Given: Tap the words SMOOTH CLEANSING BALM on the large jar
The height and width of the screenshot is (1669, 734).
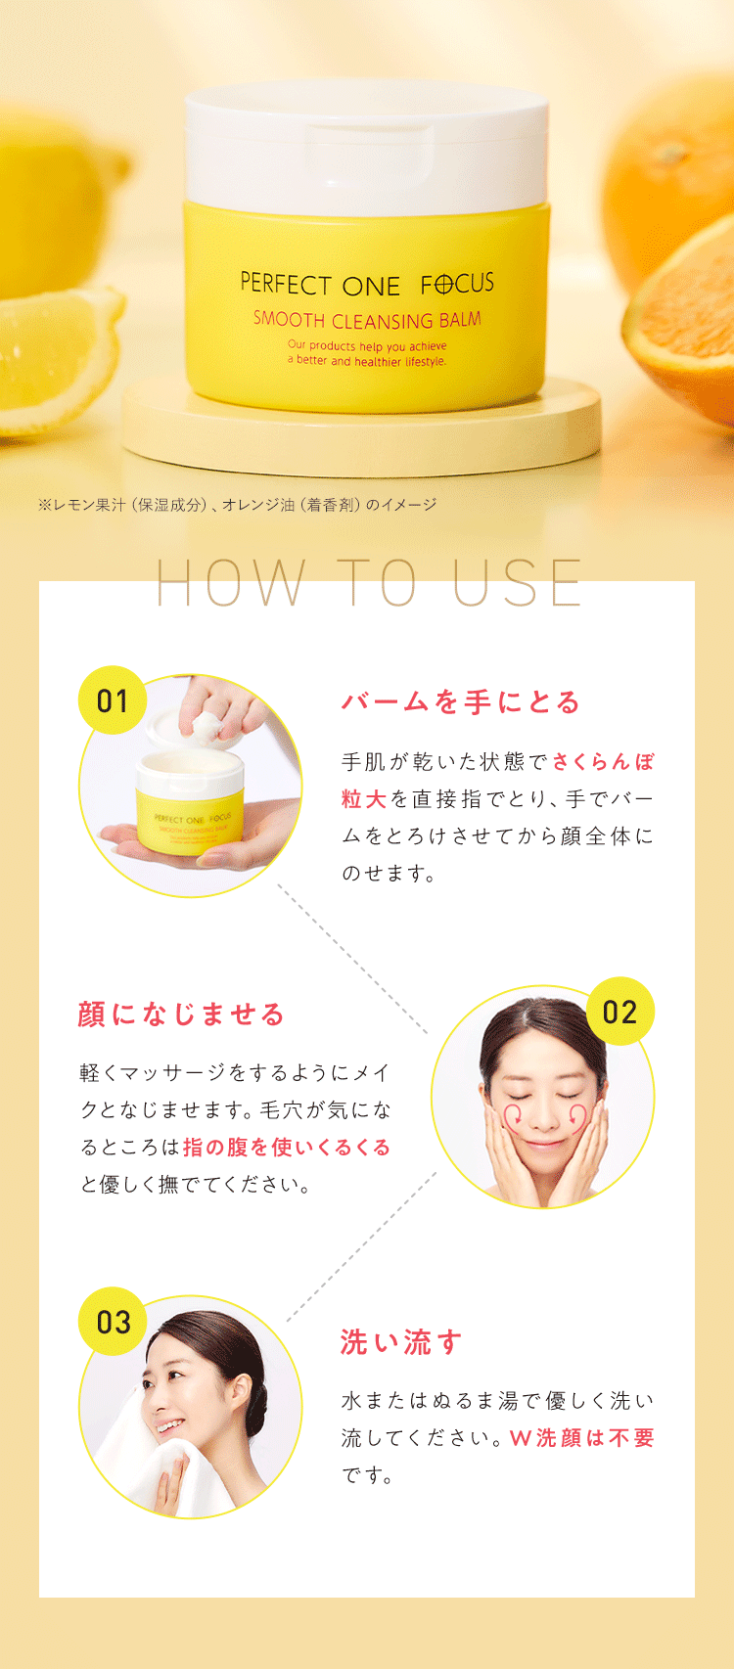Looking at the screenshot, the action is click(367, 320).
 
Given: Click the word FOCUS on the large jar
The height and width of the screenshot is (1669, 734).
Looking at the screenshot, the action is click(457, 284).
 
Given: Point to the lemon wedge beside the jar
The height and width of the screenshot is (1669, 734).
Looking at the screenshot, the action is click(56, 358).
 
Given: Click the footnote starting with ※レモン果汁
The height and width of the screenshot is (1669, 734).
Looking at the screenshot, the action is click(237, 505).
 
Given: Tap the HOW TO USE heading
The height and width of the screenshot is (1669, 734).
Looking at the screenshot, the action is click(368, 583).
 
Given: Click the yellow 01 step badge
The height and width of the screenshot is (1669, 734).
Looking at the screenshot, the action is click(113, 700).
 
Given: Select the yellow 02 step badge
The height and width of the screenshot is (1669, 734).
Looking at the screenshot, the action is click(620, 1012).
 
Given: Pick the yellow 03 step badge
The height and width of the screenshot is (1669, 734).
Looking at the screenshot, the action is click(113, 1322).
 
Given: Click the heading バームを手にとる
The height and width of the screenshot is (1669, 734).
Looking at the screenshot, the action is click(461, 701).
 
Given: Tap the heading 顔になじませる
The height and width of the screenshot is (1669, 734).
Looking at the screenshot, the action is click(181, 1015).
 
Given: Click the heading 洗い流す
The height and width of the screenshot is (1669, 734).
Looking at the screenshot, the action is click(401, 1342).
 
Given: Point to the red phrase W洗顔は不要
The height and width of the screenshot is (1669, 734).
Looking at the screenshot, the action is click(582, 1438).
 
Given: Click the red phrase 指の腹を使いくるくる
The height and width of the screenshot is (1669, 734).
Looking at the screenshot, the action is click(287, 1147).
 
